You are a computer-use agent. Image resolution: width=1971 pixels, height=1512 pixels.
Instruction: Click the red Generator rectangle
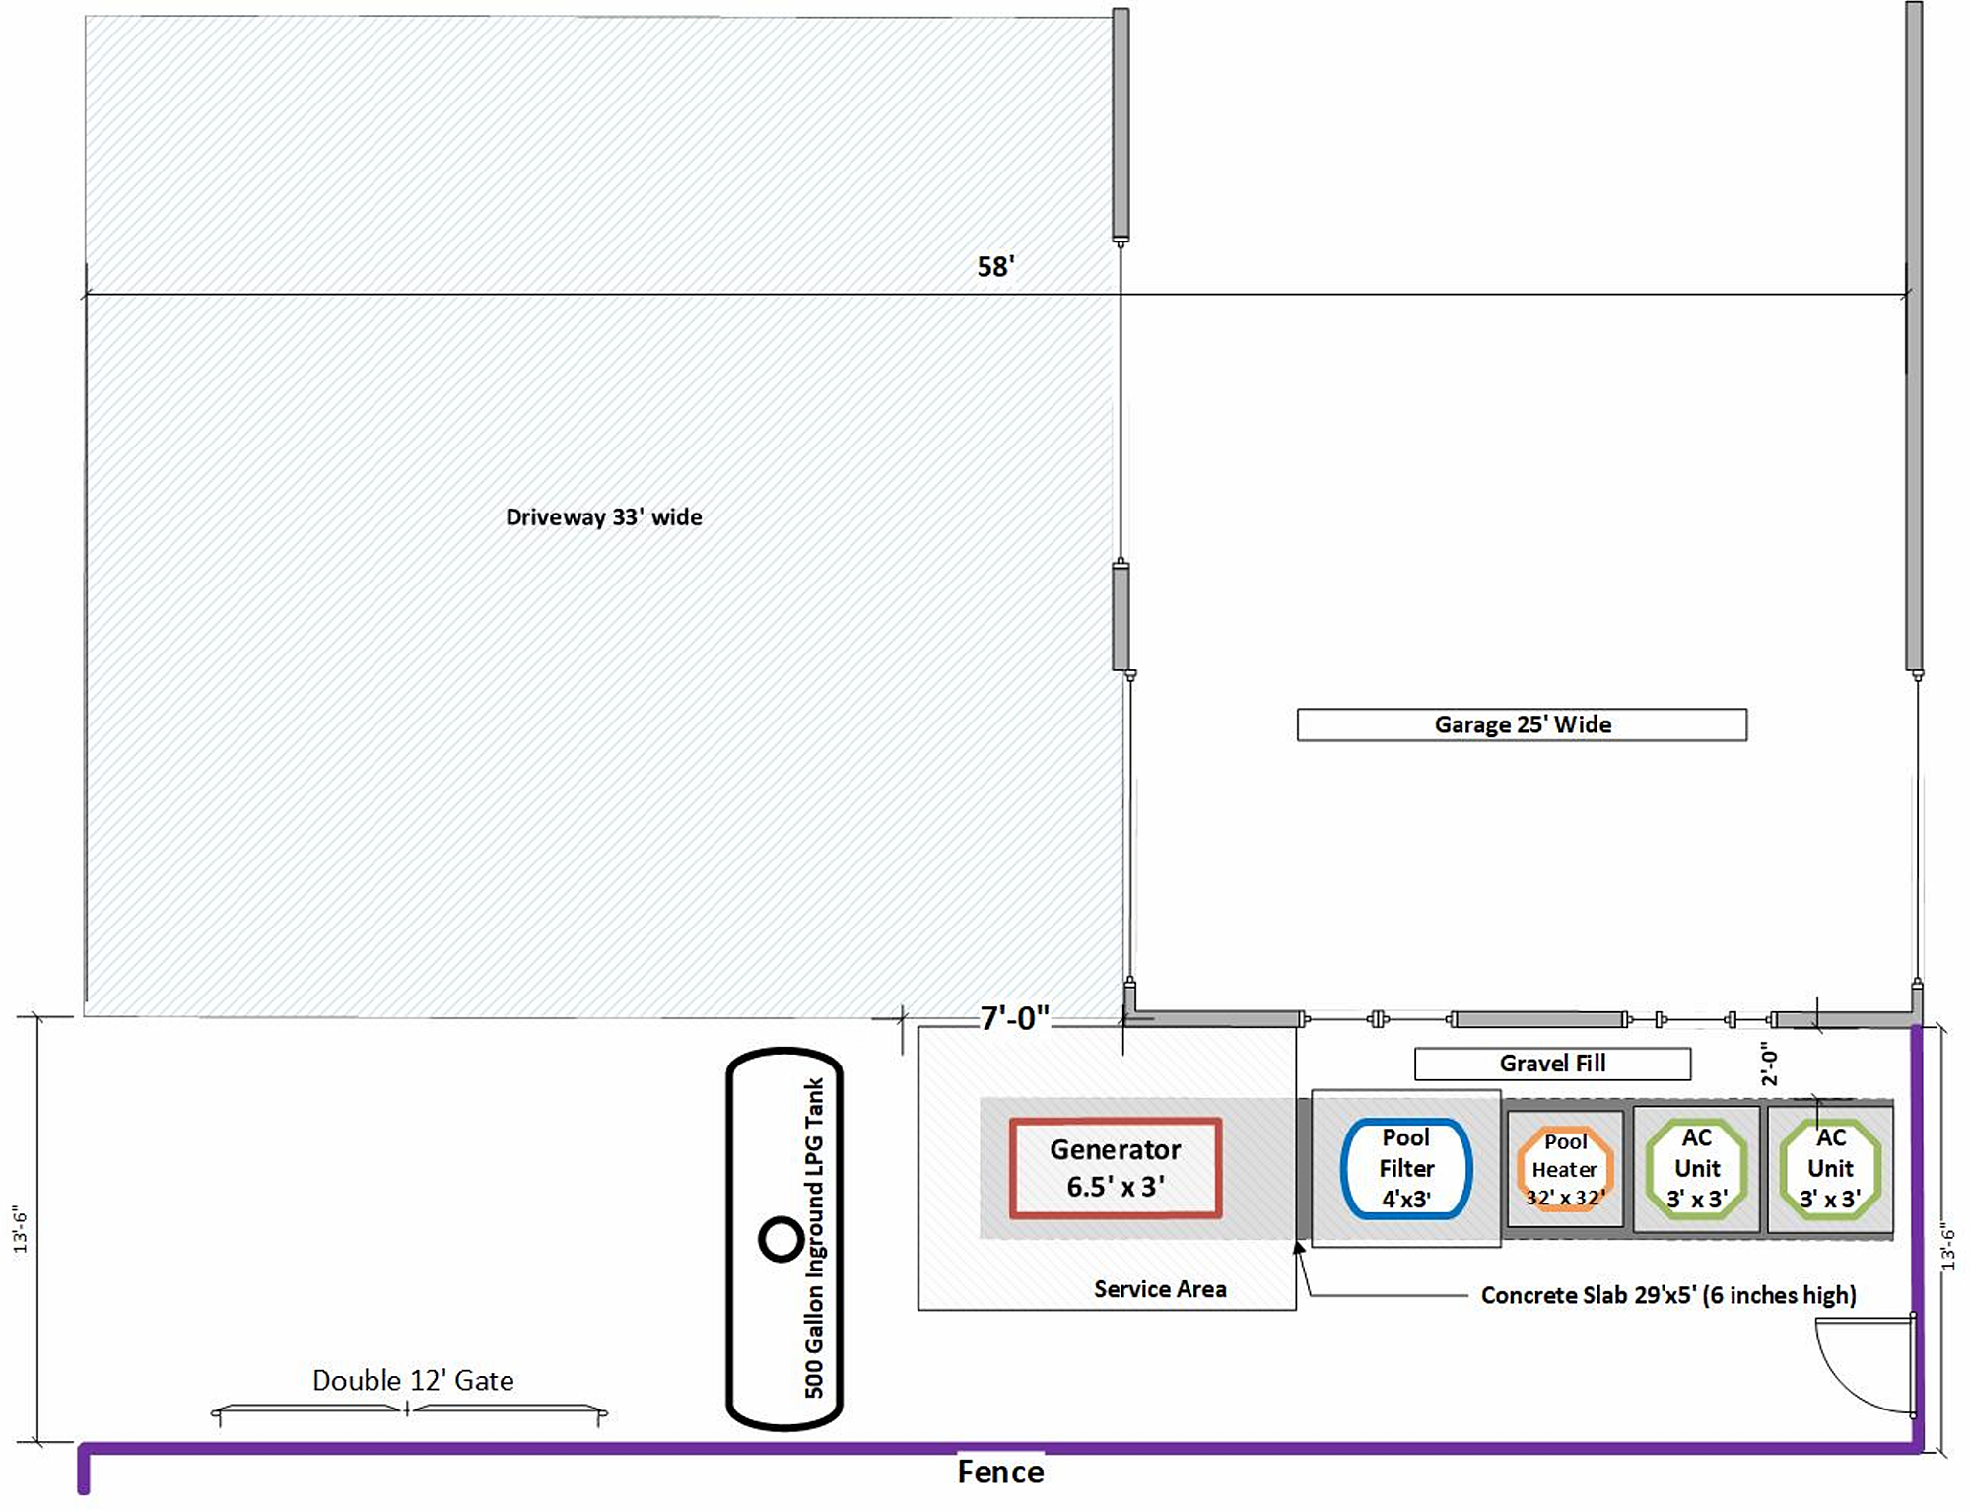pos(1115,1168)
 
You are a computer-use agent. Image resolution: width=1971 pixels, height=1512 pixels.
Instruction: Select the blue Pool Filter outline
pos(1406,1169)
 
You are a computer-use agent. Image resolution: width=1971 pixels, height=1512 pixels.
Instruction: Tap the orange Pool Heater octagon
pos(1565,1170)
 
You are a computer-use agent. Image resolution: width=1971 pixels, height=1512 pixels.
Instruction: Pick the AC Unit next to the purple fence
pos(1830,1169)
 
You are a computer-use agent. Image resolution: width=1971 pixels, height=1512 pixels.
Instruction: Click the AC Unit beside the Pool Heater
pos(1697,1169)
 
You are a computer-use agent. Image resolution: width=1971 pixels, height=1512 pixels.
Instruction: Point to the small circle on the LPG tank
pos(782,1239)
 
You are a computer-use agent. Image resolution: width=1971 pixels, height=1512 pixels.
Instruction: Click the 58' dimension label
pos(995,267)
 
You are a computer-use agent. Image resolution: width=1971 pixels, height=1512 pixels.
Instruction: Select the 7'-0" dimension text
pos(1014,1018)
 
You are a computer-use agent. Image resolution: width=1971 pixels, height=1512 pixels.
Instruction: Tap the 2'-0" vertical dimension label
pos(1770,1065)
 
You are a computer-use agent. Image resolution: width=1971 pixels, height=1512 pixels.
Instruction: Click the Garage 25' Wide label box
pos(1522,724)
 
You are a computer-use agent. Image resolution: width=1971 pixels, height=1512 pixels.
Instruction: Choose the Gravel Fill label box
pos(1552,1064)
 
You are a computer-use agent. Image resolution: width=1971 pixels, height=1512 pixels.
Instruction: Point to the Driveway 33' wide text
pos(603,517)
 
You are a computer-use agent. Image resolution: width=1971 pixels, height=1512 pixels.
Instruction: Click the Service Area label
pos(1160,1289)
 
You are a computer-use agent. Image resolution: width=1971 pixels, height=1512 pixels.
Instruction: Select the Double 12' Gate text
pos(413,1380)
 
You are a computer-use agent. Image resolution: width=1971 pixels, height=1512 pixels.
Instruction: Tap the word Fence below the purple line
pos(1000,1473)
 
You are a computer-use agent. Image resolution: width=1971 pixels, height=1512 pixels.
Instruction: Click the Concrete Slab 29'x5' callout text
pos(1667,1295)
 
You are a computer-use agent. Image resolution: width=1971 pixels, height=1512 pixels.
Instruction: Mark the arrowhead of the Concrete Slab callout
pos(1299,1249)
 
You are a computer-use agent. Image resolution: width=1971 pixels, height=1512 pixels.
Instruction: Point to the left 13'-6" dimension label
pos(20,1229)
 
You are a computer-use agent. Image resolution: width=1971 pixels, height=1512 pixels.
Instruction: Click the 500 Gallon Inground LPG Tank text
pos(814,1238)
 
